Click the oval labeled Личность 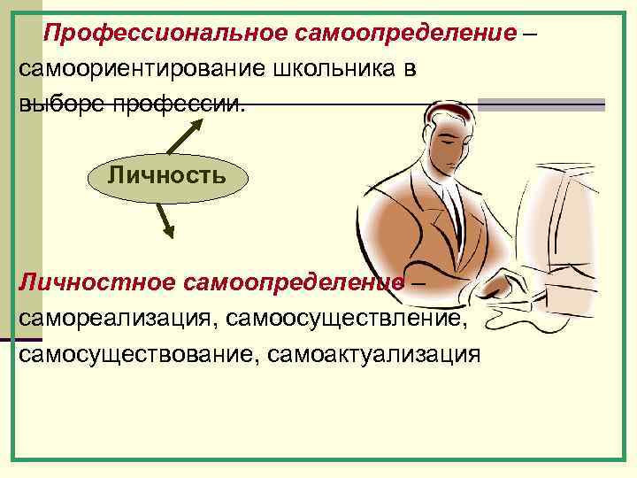click(x=166, y=173)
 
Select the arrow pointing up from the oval click(x=182, y=135)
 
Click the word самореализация click(x=116, y=317)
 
